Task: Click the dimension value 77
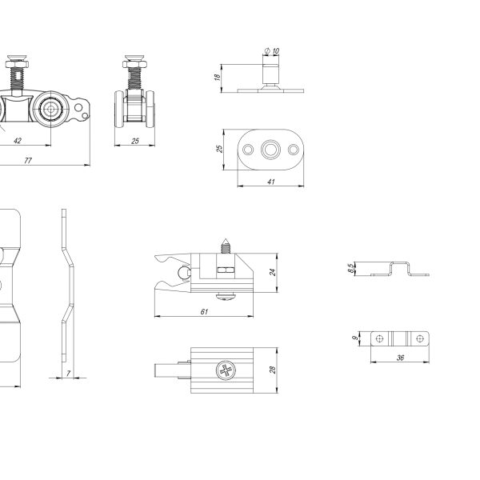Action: (28, 161)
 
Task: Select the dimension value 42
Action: (18, 141)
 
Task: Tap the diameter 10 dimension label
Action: (272, 51)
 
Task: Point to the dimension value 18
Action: (218, 77)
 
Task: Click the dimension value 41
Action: (271, 182)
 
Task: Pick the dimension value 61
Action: (204, 312)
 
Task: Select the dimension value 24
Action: (273, 272)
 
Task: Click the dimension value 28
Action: (273, 370)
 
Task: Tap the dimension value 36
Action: (400, 358)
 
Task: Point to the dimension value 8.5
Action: (351, 269)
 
